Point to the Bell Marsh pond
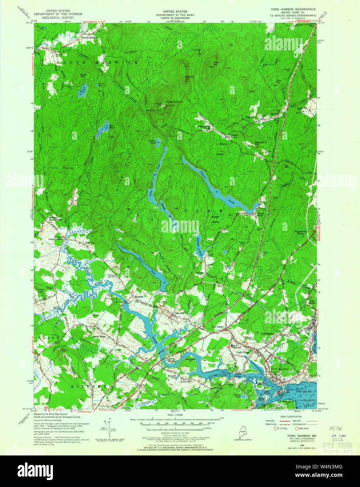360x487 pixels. [x=103, y=129]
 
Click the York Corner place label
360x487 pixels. [x=217, y=327]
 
